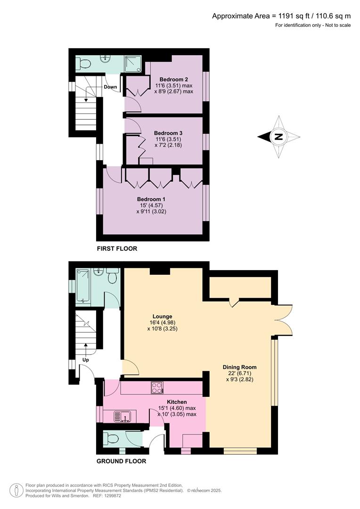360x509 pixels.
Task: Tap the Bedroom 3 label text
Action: point(168,133)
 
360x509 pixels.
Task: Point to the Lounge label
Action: point(162,316)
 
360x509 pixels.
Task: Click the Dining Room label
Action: point(240,367)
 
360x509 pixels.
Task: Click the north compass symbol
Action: point(278,137)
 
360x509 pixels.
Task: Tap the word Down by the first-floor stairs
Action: point(110,87)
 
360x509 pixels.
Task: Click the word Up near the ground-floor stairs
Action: point(86,360)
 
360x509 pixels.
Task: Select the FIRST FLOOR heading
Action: point(117,248)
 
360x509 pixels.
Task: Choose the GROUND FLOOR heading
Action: point(121,461)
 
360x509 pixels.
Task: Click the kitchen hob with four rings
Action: point(157,387)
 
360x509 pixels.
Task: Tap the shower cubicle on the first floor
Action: point(133,64)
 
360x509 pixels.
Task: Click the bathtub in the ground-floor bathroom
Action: point(82,286)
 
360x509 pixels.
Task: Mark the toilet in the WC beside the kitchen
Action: point(112,439)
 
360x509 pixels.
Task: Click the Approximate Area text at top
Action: point(281,16)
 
